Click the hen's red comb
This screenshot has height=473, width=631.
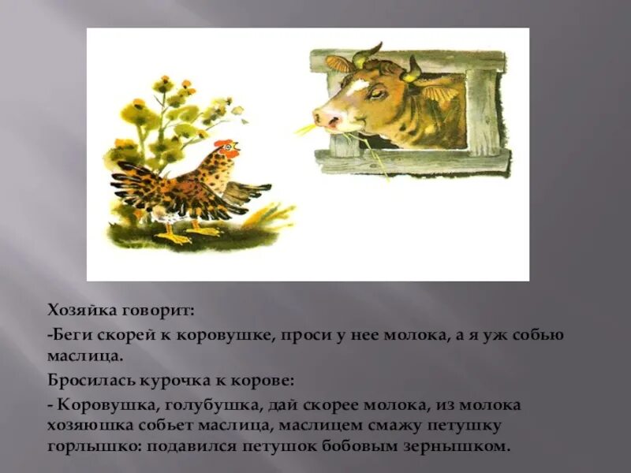(x=226, y=144)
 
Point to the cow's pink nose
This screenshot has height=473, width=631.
(x=326, y=118)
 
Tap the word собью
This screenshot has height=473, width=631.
(x=539, y=334)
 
